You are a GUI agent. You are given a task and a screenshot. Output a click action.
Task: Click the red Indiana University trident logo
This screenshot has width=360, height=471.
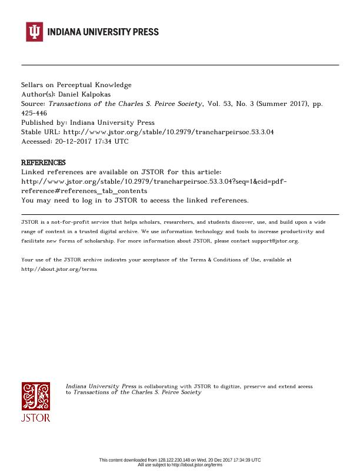pos(34,31)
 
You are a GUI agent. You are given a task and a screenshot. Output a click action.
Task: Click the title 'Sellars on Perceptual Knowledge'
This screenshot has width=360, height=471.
pos(76,85)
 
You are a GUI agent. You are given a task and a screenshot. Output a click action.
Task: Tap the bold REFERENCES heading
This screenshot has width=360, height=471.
pos(44,162)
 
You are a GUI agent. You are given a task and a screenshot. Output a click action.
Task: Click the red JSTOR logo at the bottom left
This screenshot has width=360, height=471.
pos(36,402)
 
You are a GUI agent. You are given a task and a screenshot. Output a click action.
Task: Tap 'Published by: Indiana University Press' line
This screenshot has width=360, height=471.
pos(88,122)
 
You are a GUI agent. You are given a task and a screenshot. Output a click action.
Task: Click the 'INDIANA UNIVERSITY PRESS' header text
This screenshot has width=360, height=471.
pos(103,32)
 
